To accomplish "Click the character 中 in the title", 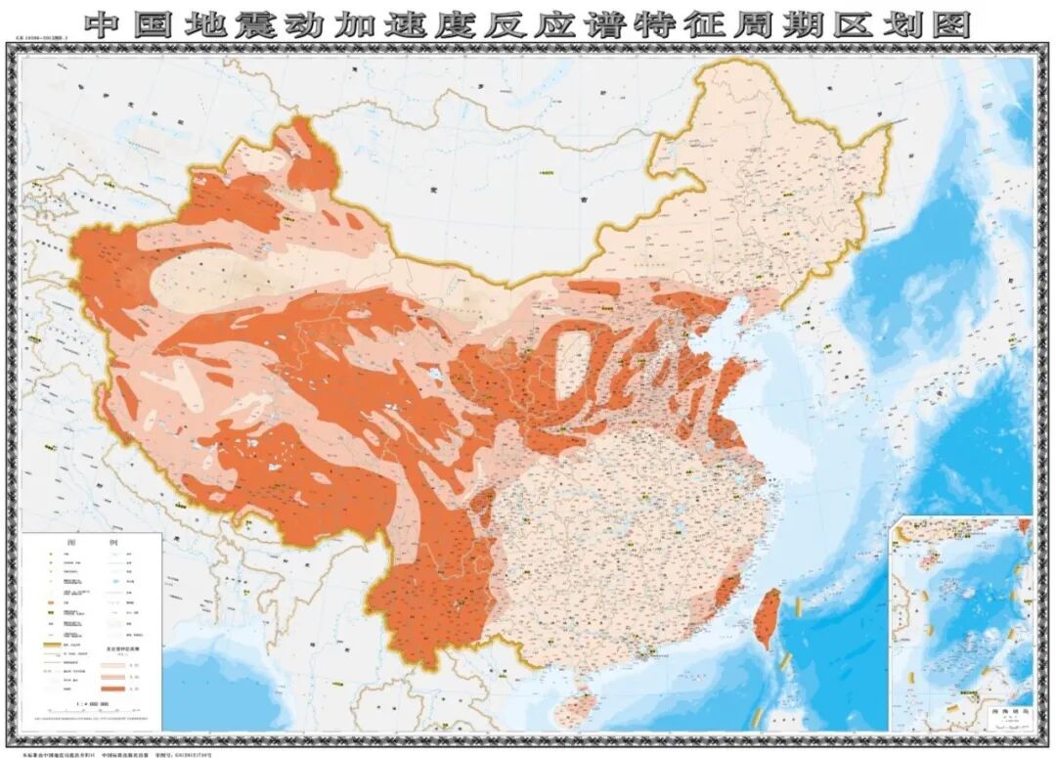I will [x=102, y=24].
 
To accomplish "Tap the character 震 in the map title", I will [x=257, y=24].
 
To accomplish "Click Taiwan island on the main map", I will [x=770, y=618].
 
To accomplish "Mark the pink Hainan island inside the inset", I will [x=923, y=560].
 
